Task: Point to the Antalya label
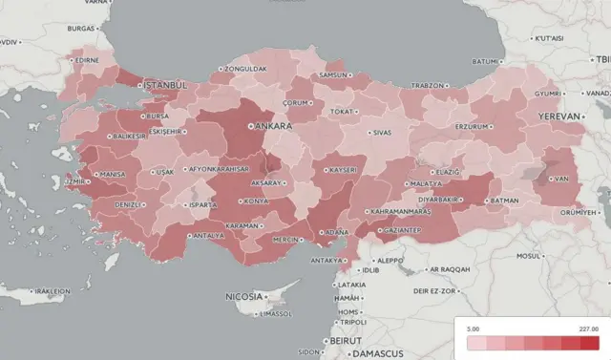click(x=209, y=235)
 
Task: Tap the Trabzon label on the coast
click(x=427, y=85)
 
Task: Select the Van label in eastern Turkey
click(x=562, y=179)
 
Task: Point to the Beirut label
click(x=342, y=340)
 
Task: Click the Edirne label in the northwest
click(x=87, y=59)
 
